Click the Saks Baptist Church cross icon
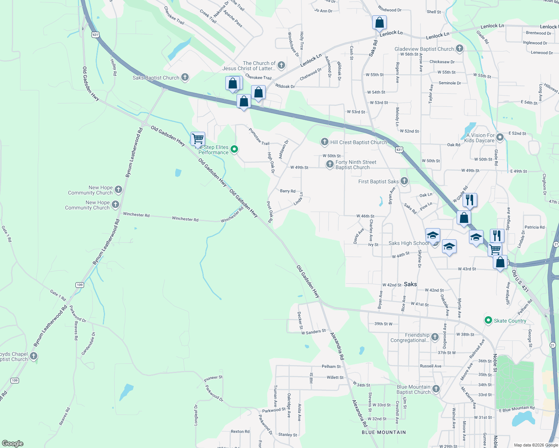[x=185, y=77]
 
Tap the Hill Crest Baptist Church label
[x=358, y=142]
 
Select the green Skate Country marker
[x=488, y=320]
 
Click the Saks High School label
[x=409, y=243]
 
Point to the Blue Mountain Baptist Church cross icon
[x=436, y=389]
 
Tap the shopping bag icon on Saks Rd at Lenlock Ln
[x=379, y=23]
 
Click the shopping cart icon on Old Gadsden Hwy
[x=198, y=139]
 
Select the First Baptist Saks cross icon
[x=404, y=181]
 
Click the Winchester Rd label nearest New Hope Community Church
[x=136, y=215]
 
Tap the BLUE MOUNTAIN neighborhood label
[x=383, y=432]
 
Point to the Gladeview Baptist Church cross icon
[x=459, y=49]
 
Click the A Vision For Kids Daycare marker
[x=500, y=137]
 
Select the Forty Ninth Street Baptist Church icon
[x=330, y=164]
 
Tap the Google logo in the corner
[x=12, y=444]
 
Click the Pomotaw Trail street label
[x=259, y=137]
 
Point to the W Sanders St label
[x=314, y=332]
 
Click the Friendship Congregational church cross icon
[x=435, y=337]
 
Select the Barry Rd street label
[x=287, y=191]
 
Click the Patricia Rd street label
[x=534, y=227]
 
